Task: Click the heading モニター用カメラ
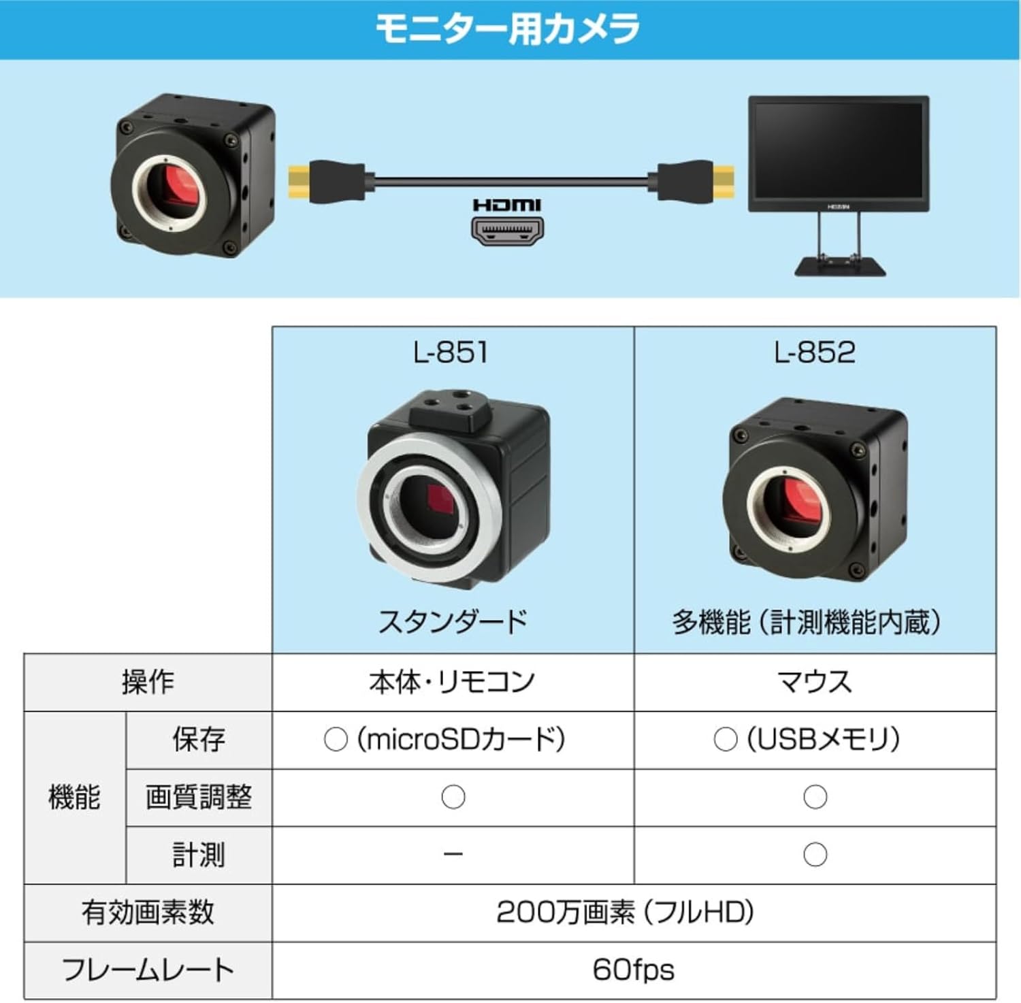click(x=508, y=29)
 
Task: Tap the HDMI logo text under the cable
click(x=507, y=205)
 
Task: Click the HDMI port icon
click(x=507, y=231)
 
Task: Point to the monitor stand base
click(x=840, y=265)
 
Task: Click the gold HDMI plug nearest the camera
click(x=299, y=182)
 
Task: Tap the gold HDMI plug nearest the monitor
click(x=724, y=182)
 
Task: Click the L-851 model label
click(x=451, y=352)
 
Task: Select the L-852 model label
click(x=815, y=352)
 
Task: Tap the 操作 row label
click(x=148, y=682)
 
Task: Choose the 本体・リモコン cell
click(x=453, y=682)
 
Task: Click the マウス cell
click(x=815, y=682)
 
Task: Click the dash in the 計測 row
click(x=453, y=855)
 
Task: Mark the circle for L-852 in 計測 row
click(x=815, y=855)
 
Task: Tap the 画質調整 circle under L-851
click(x=453, y=797)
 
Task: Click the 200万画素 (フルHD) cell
click(x=625, y=912)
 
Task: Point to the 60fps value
click(x=633, y=970)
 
